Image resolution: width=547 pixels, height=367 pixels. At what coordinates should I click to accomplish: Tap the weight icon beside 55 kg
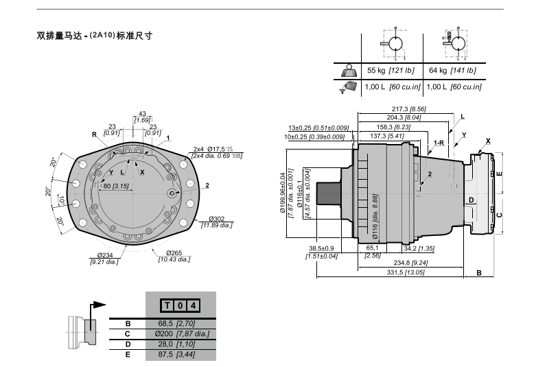coord(349,69)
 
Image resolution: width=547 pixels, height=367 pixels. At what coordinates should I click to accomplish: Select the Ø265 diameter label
coord(174,254)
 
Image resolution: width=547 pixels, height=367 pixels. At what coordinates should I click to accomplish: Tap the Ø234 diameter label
coord(105,255)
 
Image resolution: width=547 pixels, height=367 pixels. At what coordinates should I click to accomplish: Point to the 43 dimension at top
coord(142,114)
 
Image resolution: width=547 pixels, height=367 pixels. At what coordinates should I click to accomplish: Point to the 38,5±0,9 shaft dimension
coord(321,248)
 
